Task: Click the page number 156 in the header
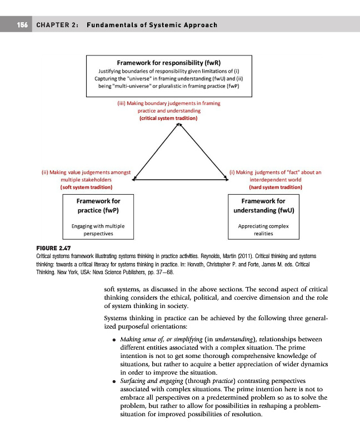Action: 22,26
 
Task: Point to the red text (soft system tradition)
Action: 86,188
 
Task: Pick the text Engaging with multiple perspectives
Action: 98,230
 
